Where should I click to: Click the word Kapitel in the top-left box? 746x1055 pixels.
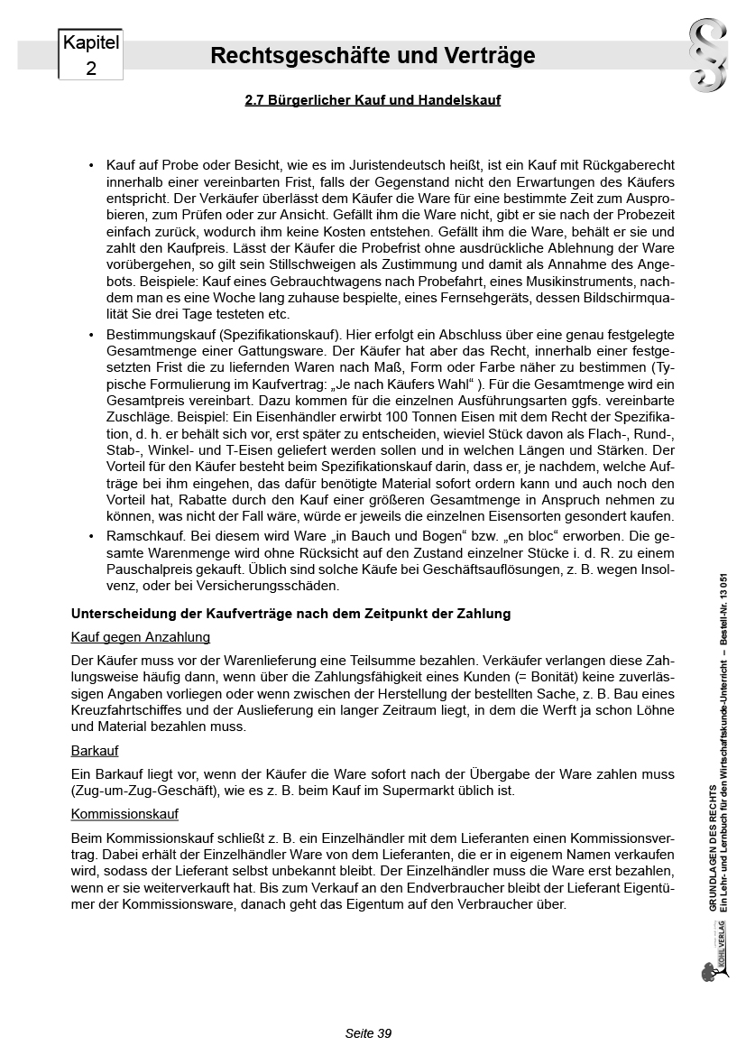pyautogui.click(x=90, y=42)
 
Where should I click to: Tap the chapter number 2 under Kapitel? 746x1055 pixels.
pyautogui.click(x=90, y=68)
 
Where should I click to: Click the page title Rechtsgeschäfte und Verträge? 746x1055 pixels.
pyautogui.click(x=373, y=56)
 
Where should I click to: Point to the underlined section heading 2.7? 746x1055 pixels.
pyautogui.click(x=373, y=100)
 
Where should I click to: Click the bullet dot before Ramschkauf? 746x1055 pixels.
pyautogui.click(x=91, y=536)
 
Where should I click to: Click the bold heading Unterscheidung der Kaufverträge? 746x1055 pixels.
pyautogui.click(x=290, y=614)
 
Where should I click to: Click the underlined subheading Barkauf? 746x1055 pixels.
pyautogui.click(x=95, y=751)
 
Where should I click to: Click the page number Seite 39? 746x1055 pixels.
pyautogui.click(x=368, y=1033)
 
